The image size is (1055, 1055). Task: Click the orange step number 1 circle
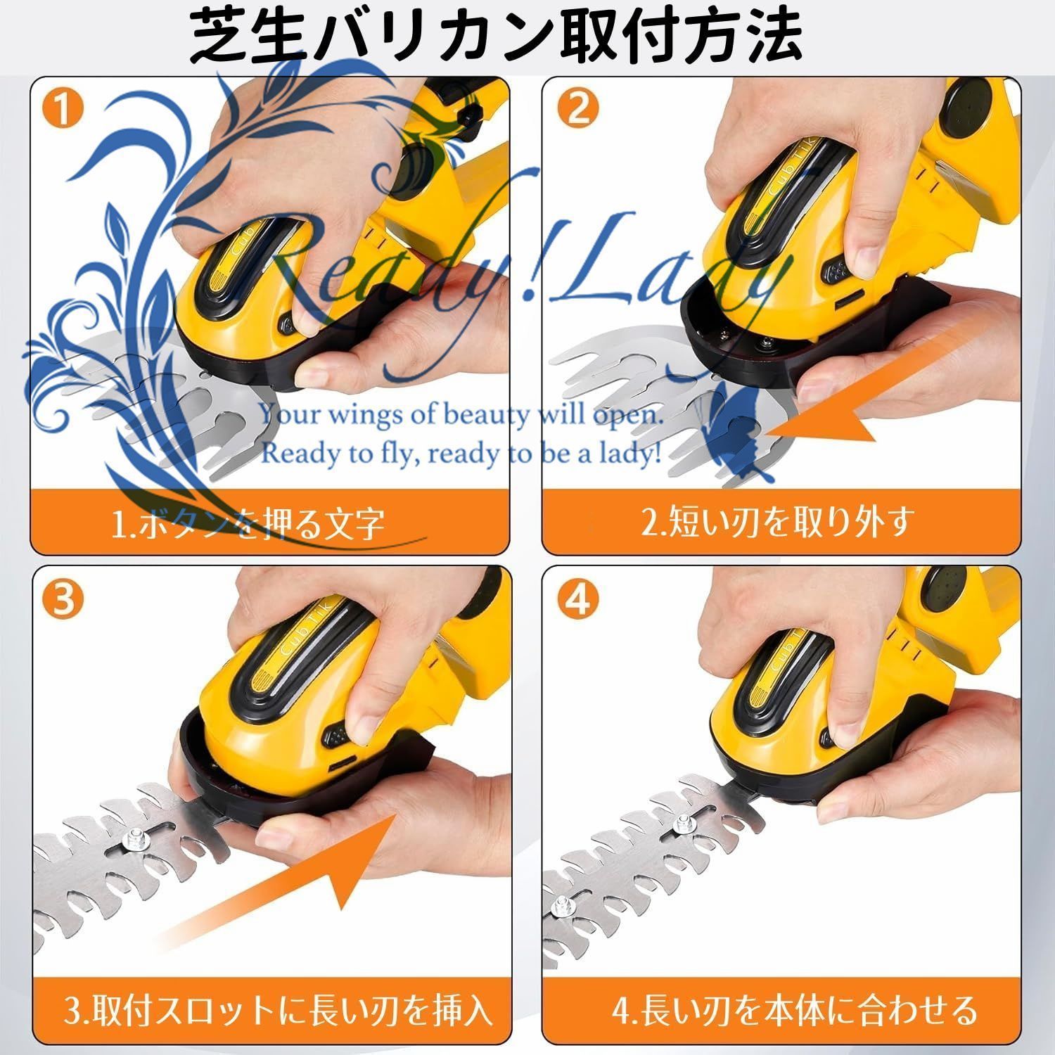click(x=64, y=111)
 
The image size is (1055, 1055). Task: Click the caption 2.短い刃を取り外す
click(x=778, y=522)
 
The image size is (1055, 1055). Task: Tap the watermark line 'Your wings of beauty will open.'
click(x=461, y=414)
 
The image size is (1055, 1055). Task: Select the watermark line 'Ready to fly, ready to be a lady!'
click(x=461, y=454)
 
